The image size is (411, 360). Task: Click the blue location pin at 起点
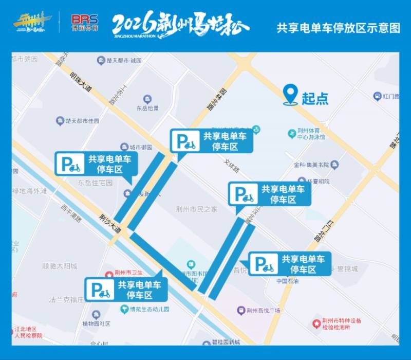coord(291,95)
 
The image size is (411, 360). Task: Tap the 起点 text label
coord(315,98)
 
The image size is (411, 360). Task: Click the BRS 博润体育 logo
coord(85,23)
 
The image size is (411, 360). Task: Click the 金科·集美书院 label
coord(311,165)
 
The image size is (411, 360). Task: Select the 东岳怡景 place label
coord(147,109)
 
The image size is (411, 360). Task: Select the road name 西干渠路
coord(71,215)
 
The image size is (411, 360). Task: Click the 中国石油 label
coord(288,281)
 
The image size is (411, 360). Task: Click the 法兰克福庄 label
coord(66,299)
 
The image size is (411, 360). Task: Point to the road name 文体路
coord(231,168)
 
